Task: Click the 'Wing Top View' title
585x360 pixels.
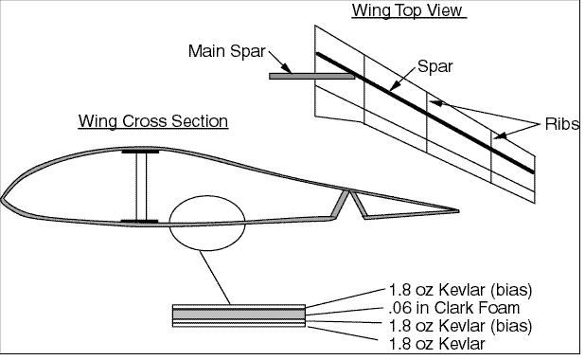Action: point(409,10)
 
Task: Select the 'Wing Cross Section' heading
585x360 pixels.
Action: point(153,121)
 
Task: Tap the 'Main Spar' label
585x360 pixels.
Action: point(227,51)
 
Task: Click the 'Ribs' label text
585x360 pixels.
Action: point(562,124)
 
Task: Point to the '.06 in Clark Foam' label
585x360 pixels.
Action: point(453,308)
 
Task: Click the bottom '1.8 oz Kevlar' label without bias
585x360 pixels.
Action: point(436,344)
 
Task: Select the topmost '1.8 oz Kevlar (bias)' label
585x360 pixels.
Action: point(460,290)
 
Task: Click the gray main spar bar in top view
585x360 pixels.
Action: point(311,76)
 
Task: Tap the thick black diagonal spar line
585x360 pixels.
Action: point(425,113)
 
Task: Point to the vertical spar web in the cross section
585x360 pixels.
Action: point(141,186)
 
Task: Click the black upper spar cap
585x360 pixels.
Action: point(140,152)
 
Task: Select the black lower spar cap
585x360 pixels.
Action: point(139,222)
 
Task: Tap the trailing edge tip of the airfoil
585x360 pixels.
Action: point(458,211)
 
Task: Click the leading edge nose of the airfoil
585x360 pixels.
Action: point(2,199)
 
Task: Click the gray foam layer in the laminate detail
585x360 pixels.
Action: point(239,314)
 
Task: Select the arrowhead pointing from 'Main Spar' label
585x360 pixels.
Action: point(287,68)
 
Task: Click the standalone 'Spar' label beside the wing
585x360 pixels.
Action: point(434,66)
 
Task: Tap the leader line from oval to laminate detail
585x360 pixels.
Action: point(215,278)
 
